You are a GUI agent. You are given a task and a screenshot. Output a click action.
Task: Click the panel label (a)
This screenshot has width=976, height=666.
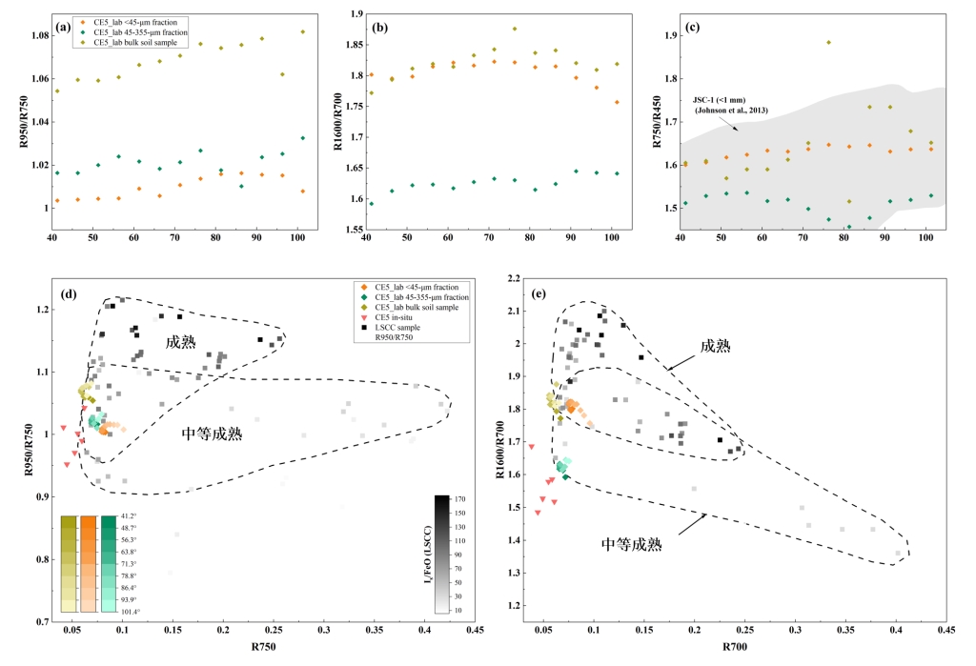coord(64,26)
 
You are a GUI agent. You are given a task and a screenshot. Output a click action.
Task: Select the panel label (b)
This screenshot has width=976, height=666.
coord(380,26)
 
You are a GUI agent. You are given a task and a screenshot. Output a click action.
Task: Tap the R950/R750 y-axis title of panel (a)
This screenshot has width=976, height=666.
coord(15,128)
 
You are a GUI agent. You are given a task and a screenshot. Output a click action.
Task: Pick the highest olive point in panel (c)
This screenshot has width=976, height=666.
coord(828,43)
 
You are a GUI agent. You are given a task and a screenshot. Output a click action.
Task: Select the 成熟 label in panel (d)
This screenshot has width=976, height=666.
coord(180,342)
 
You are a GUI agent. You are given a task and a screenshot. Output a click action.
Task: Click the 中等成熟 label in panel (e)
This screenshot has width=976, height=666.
coord(632,544)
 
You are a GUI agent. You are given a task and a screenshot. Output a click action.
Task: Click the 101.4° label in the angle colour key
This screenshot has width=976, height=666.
coord(127,612)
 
